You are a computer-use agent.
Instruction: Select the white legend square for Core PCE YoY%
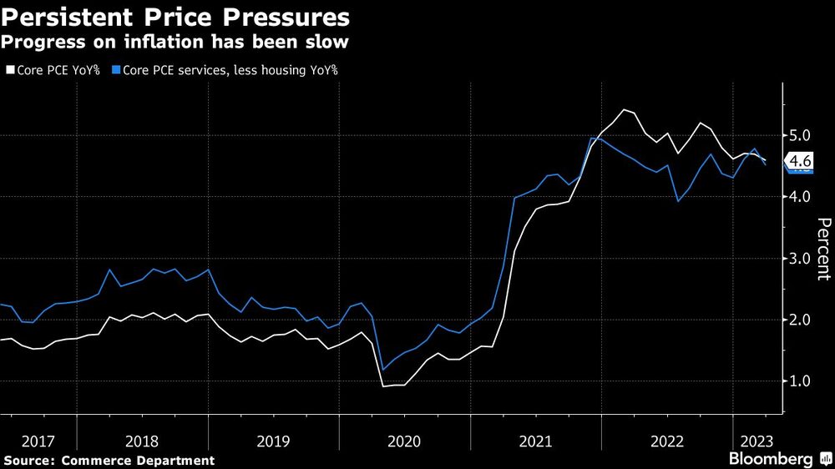tap(10, 71)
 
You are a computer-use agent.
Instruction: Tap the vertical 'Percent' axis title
tap(822, 247)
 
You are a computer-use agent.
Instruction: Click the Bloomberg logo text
tap(771, 460)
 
